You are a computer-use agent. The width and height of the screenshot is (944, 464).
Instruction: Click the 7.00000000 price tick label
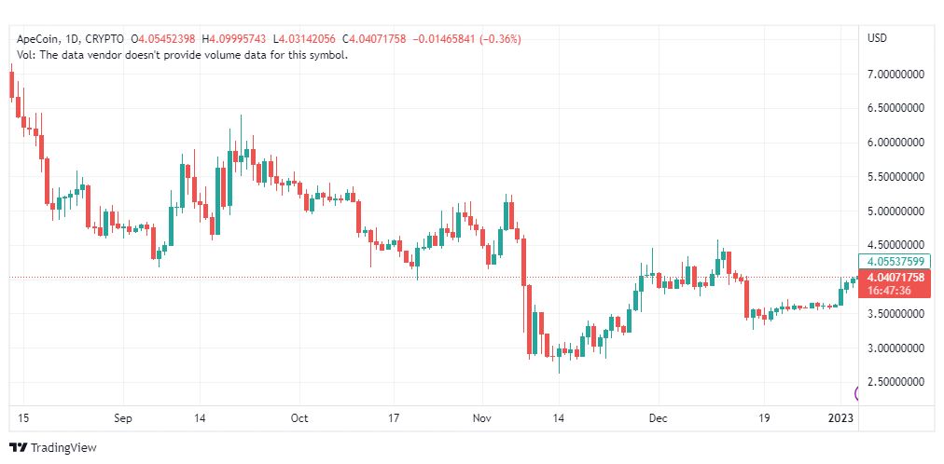pyautogui.click(x=895, y=75)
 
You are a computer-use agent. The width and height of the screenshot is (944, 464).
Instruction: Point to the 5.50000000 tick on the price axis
pyautogui.click(x=895, y=177)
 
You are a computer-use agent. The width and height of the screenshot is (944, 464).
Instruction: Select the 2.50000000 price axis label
pyautogui.click(x=895, y=382)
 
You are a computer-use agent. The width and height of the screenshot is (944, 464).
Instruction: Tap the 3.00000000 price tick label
pyautogui.click(x=895, y=348)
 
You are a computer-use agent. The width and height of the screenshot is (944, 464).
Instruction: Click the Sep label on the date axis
pyautogui.click(x=123, y=418)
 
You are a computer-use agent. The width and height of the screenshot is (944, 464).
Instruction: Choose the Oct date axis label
pyautogui.click(x=299, y=418)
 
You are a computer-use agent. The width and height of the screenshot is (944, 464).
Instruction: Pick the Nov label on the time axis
pyautogui.click(x=481, y=418)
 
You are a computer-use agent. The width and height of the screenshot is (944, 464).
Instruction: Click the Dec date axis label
pyautogui.click(x=658, y=418)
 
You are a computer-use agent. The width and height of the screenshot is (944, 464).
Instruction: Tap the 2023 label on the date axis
pyautogui.click(x=841, y=418)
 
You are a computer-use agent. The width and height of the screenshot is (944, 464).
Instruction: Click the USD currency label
pyautogui.click(x=877, y=38)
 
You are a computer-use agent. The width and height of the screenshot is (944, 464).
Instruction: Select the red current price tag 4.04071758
pyautogui.click(x=896, y=278)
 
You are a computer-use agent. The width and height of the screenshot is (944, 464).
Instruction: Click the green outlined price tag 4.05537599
pyautogui.click(x=895, y=262)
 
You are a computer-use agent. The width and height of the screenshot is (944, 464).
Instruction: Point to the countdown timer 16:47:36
pyautogui.click(x=889, y=291)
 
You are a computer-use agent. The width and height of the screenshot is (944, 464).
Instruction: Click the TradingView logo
pyautogui.click(x=53, y=448)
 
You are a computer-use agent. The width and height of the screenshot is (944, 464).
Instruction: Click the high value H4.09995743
pyautogui.click(x=234, y=39)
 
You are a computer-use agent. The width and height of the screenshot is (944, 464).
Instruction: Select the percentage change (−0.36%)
pyautogui.click(x=501, y=39)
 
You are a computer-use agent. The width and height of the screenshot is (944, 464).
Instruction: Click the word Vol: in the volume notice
pyautogui.click(x=26, y=55)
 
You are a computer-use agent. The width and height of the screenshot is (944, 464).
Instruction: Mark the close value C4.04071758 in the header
pyautogui.click(x=374, y=39)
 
